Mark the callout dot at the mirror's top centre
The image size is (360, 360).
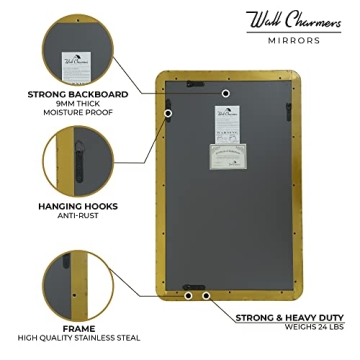pyautogui.click(x=227, y=93)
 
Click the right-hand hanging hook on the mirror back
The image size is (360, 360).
pyautogui.click(x=287, y=103)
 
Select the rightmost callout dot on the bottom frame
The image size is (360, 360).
pyautogui.click(x=205, y=296)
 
